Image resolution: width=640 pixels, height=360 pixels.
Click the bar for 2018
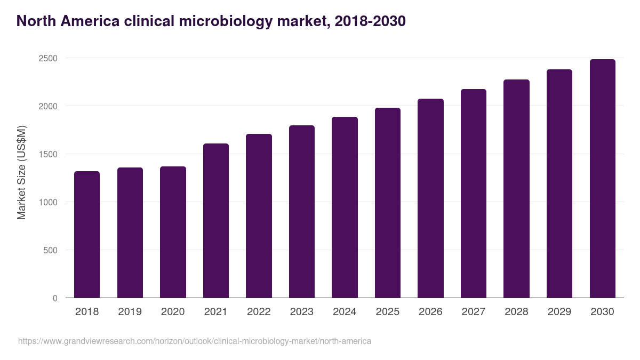click(87, 235)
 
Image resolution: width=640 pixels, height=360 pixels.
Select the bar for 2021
click(216, 221)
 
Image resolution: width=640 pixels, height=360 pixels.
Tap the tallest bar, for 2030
click(602, 179)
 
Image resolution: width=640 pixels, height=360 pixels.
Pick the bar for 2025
click(388, 203)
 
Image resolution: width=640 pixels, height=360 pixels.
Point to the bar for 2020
click(173, 232)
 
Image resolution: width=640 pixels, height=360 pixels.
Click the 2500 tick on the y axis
click(48, 58)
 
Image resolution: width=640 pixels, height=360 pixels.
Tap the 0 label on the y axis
click(55, 298)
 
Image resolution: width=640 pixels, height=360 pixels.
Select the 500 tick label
click(50, 250)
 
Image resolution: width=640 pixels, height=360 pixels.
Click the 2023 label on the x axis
click(302, 312)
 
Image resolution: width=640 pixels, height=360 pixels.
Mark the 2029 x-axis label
click(559, 312)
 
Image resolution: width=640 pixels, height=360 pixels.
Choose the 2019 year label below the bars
click(130, 312)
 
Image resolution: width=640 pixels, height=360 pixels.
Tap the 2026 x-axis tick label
click(430, 312)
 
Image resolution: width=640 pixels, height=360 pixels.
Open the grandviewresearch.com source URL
click(195, 341)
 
